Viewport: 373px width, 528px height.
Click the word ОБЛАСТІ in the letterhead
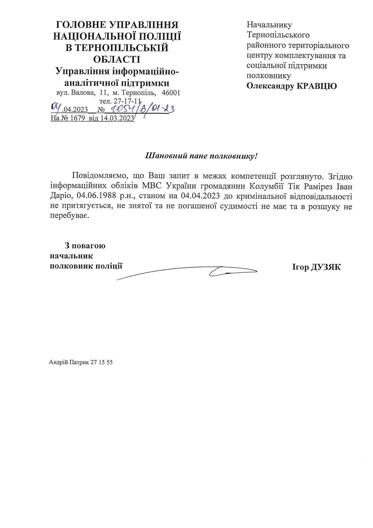tap(117, 59)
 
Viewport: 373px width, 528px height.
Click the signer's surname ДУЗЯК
tap(326, 267)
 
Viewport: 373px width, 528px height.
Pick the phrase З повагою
tap(85, 246)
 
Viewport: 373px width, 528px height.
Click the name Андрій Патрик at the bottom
tap(69, 362)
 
